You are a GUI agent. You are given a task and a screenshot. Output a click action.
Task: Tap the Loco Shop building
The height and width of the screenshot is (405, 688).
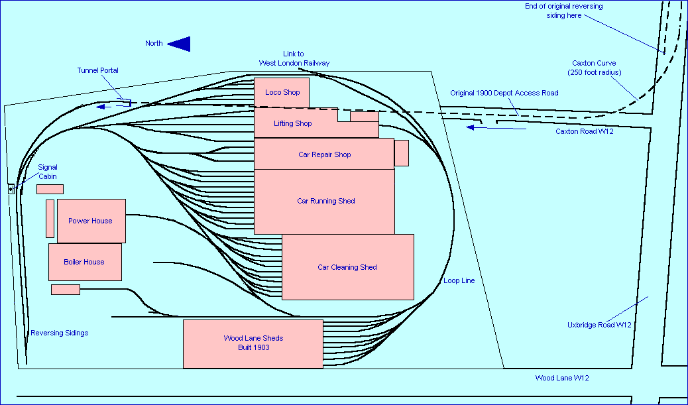click(x=282, y=92)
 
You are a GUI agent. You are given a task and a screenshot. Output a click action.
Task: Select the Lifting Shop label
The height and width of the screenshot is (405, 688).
click(x=292, y=123)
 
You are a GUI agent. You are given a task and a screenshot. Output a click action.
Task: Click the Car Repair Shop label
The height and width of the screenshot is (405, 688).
click(x=324, y=154)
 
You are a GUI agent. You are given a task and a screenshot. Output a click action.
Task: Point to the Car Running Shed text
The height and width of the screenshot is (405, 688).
click(x=325, y=201)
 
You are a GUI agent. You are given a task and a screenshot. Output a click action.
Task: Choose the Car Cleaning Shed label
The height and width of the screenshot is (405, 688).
click(x=347, y=267)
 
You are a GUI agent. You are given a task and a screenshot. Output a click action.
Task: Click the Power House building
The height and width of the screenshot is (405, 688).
click(x=91, y=221)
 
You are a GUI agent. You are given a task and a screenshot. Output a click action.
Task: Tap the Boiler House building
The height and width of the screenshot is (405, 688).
click(x=85, y=262)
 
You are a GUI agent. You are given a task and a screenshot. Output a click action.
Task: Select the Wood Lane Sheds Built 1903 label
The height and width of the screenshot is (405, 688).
click(x=253, y=343)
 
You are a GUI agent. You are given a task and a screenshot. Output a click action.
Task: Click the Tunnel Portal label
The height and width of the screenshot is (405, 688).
click(x=97, y=70)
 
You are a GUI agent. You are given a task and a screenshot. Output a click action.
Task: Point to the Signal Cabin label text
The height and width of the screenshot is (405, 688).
click(x=47, y=172)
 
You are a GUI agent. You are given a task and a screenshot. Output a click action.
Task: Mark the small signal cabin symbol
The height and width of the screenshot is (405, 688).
click(x=11, y=189)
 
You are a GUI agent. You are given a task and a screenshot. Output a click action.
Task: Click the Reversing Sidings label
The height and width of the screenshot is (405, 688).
click(x=59, y=333)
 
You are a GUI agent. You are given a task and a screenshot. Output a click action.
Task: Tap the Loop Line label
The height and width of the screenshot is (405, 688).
click(x=459, y=280)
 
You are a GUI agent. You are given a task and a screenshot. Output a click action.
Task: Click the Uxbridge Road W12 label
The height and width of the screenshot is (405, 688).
click(x=599, y=325)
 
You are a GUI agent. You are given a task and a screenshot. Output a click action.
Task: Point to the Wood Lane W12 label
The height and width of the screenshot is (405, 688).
click(x=562, y=378)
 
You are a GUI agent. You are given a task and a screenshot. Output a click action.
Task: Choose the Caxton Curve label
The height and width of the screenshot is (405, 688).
click(x=595, y=68)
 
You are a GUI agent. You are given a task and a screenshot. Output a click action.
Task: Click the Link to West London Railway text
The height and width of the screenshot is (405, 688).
click(x=294, y=58)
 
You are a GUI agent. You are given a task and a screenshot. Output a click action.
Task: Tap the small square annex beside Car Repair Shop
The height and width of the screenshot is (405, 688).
click(x=402, y=153)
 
